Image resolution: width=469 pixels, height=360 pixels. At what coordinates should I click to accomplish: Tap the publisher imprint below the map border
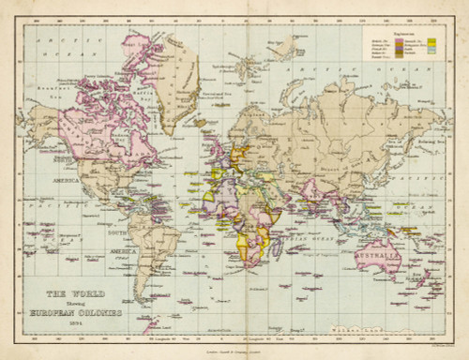click(x=234, y=348)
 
